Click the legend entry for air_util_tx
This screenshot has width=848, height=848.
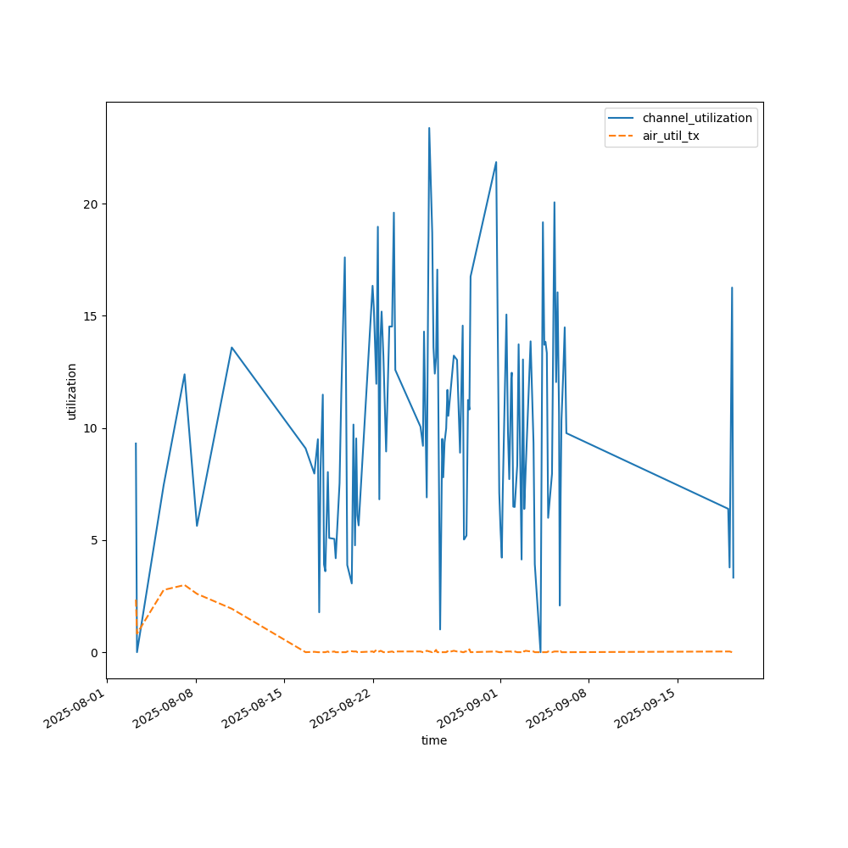click(671, 136)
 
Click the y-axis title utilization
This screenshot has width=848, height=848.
click(72, 391)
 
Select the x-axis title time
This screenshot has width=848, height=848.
click(434, 740)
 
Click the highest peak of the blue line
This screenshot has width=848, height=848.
click(429, 128)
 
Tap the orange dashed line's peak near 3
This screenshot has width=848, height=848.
click(184, 585)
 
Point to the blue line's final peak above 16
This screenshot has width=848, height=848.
click(732, 287)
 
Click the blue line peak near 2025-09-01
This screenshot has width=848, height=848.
click(496, 162)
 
